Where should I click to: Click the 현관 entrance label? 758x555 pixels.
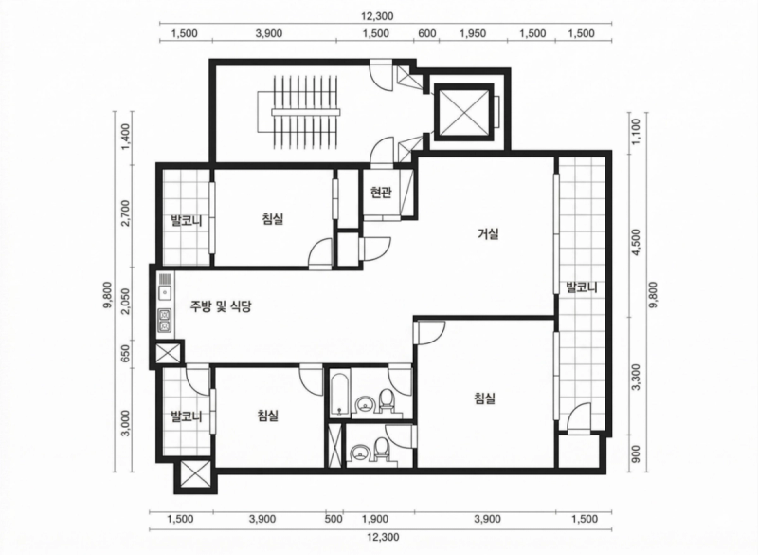(x=381, y=194)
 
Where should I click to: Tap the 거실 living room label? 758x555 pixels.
(x=488, y=234)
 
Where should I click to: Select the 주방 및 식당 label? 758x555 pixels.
(x=221, y=306)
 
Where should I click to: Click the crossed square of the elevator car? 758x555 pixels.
(x=464, y=112)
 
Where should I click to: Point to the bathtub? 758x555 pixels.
(x=340, y=393)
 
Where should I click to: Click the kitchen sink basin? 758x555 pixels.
(x=165, y=293)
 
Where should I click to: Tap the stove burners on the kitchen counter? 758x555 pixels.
(x=165, y=321)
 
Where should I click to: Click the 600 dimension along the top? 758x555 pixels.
(x=427, y=33)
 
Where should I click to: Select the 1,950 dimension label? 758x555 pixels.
(x=473, y=33)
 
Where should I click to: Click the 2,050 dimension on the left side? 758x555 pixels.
(x=126, y=302)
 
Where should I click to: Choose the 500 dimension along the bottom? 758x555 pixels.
(x=334, y=519)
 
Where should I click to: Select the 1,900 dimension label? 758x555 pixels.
(x=375, y=519)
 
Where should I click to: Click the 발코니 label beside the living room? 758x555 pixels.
(x=582, y=287)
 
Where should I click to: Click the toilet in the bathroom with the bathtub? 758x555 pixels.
(x=387, y=400)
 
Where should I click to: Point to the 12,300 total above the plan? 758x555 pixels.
(x=377, y=16)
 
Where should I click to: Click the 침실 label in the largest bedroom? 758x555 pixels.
(x=485, y=398)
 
